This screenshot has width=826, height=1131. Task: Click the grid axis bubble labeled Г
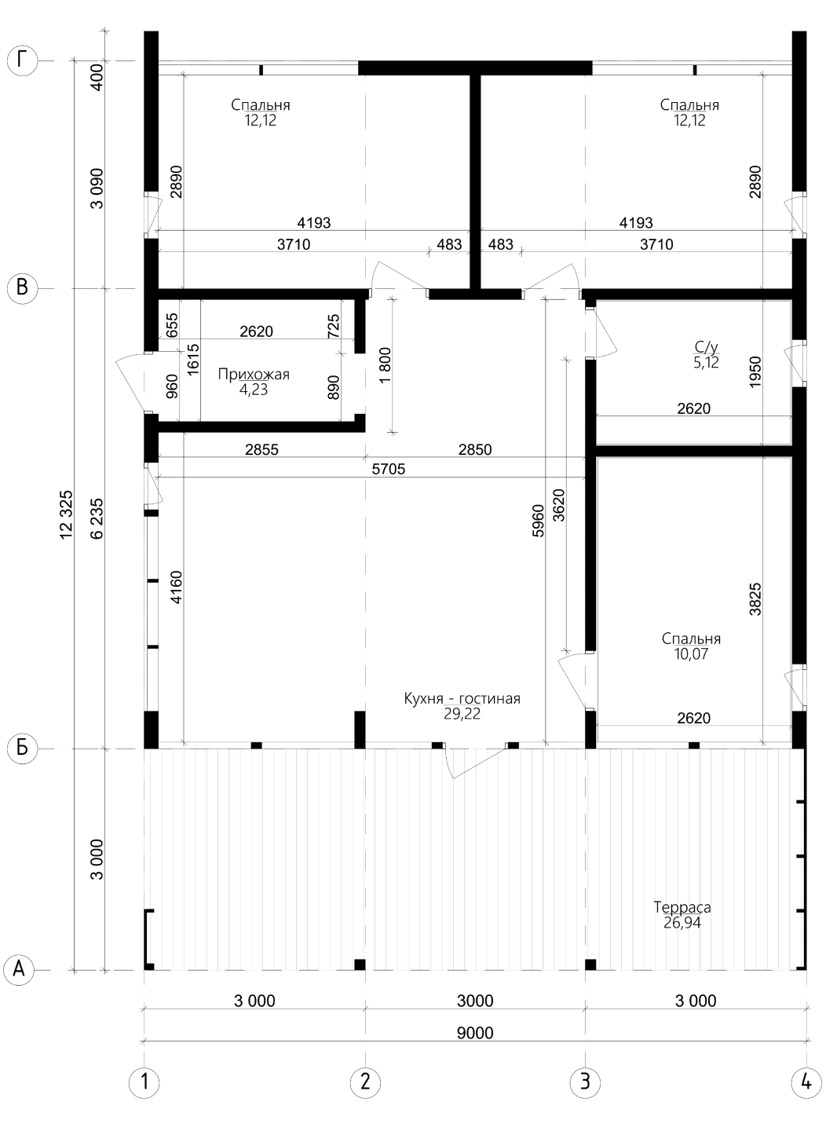pos(22,61)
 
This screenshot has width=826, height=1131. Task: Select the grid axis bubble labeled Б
pos(22,748)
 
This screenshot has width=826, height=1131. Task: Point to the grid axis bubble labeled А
pos(19,970)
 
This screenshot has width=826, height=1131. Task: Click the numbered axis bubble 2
pos(365,1082)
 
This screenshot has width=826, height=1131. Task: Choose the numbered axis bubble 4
pos(806,1082)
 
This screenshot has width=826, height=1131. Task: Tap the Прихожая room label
pos(254,375)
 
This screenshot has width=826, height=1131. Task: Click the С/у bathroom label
pos(707,347)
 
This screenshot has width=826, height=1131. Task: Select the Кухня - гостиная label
pos(462,699)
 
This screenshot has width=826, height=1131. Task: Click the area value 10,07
pos(691,653)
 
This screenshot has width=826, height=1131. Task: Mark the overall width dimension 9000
pos(475,1033)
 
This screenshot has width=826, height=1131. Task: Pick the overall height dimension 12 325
pos(66,514)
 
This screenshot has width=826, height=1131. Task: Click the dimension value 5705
pos(388,470)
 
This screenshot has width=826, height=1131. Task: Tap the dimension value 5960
pos(538,520)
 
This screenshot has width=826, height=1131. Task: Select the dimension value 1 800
pos(385,365)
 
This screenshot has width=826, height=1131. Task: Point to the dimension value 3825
pos(755,599)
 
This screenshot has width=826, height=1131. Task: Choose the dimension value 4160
pos(176,587)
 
